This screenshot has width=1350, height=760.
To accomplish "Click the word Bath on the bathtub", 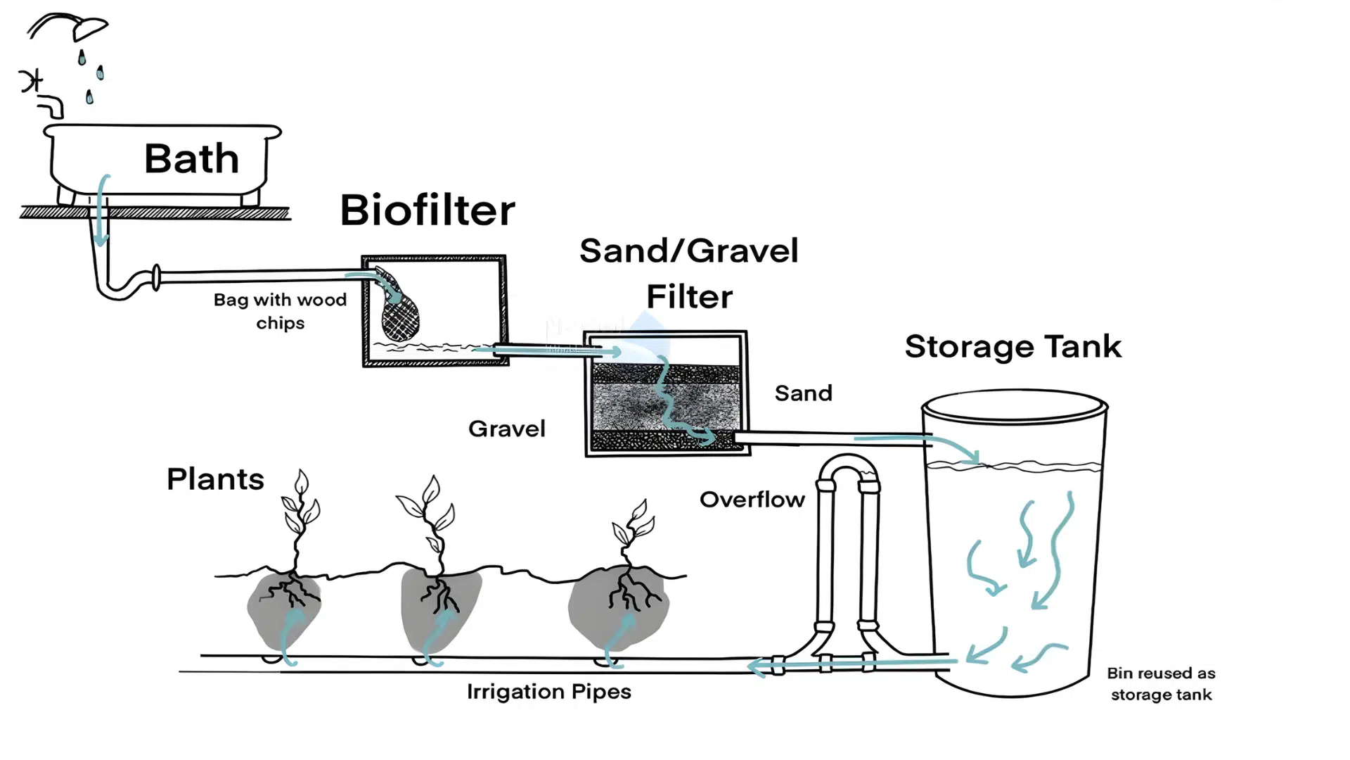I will point(191,158).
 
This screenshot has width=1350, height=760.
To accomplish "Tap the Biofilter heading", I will point(427,210).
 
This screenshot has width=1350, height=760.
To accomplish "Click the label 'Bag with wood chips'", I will point(280,311).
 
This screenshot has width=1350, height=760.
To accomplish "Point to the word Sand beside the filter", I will point(803,393).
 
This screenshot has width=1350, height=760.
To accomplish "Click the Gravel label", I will point(506,429).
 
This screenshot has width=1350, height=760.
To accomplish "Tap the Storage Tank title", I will point(1012,346).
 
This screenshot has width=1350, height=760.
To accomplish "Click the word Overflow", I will point(752,500).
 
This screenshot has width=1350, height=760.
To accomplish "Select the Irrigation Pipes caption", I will point(548,692).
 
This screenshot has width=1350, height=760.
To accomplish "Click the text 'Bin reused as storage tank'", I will point(1161,684).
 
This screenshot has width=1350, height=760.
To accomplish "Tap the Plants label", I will point(215,479).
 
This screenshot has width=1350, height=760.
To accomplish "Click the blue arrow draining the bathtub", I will point(102,211).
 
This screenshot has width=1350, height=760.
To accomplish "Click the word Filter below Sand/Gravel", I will point(689,297).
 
